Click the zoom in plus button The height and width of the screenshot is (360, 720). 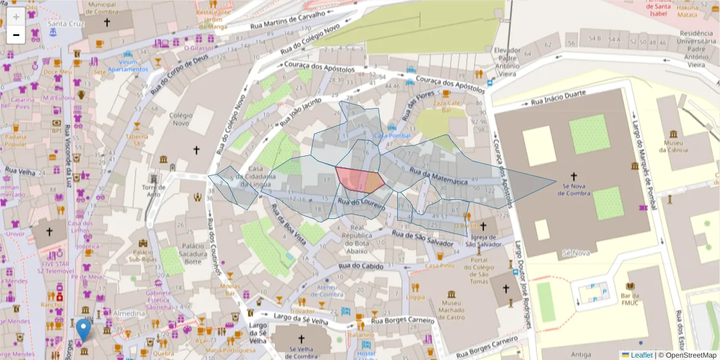pyautogui.click(x=16, y=16)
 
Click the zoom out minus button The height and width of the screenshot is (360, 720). pyautogui.click(x=16, y=35)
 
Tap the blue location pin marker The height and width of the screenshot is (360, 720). pyautogui.click(x=84, y=329)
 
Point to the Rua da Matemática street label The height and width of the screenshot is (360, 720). pyautogui.click(x=438, y=176)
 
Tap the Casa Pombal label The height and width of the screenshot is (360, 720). pyautogui.click(x=392, y=136)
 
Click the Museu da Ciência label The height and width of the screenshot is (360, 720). pyautogui.click(x=673, y=146)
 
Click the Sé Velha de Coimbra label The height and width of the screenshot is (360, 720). pyautogui.click(x=301, y=353)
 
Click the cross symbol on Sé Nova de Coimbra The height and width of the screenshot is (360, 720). pyautogui.click(x=573, y=176)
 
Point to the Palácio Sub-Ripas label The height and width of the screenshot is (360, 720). pyautogui.click(x=144, y=256)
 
